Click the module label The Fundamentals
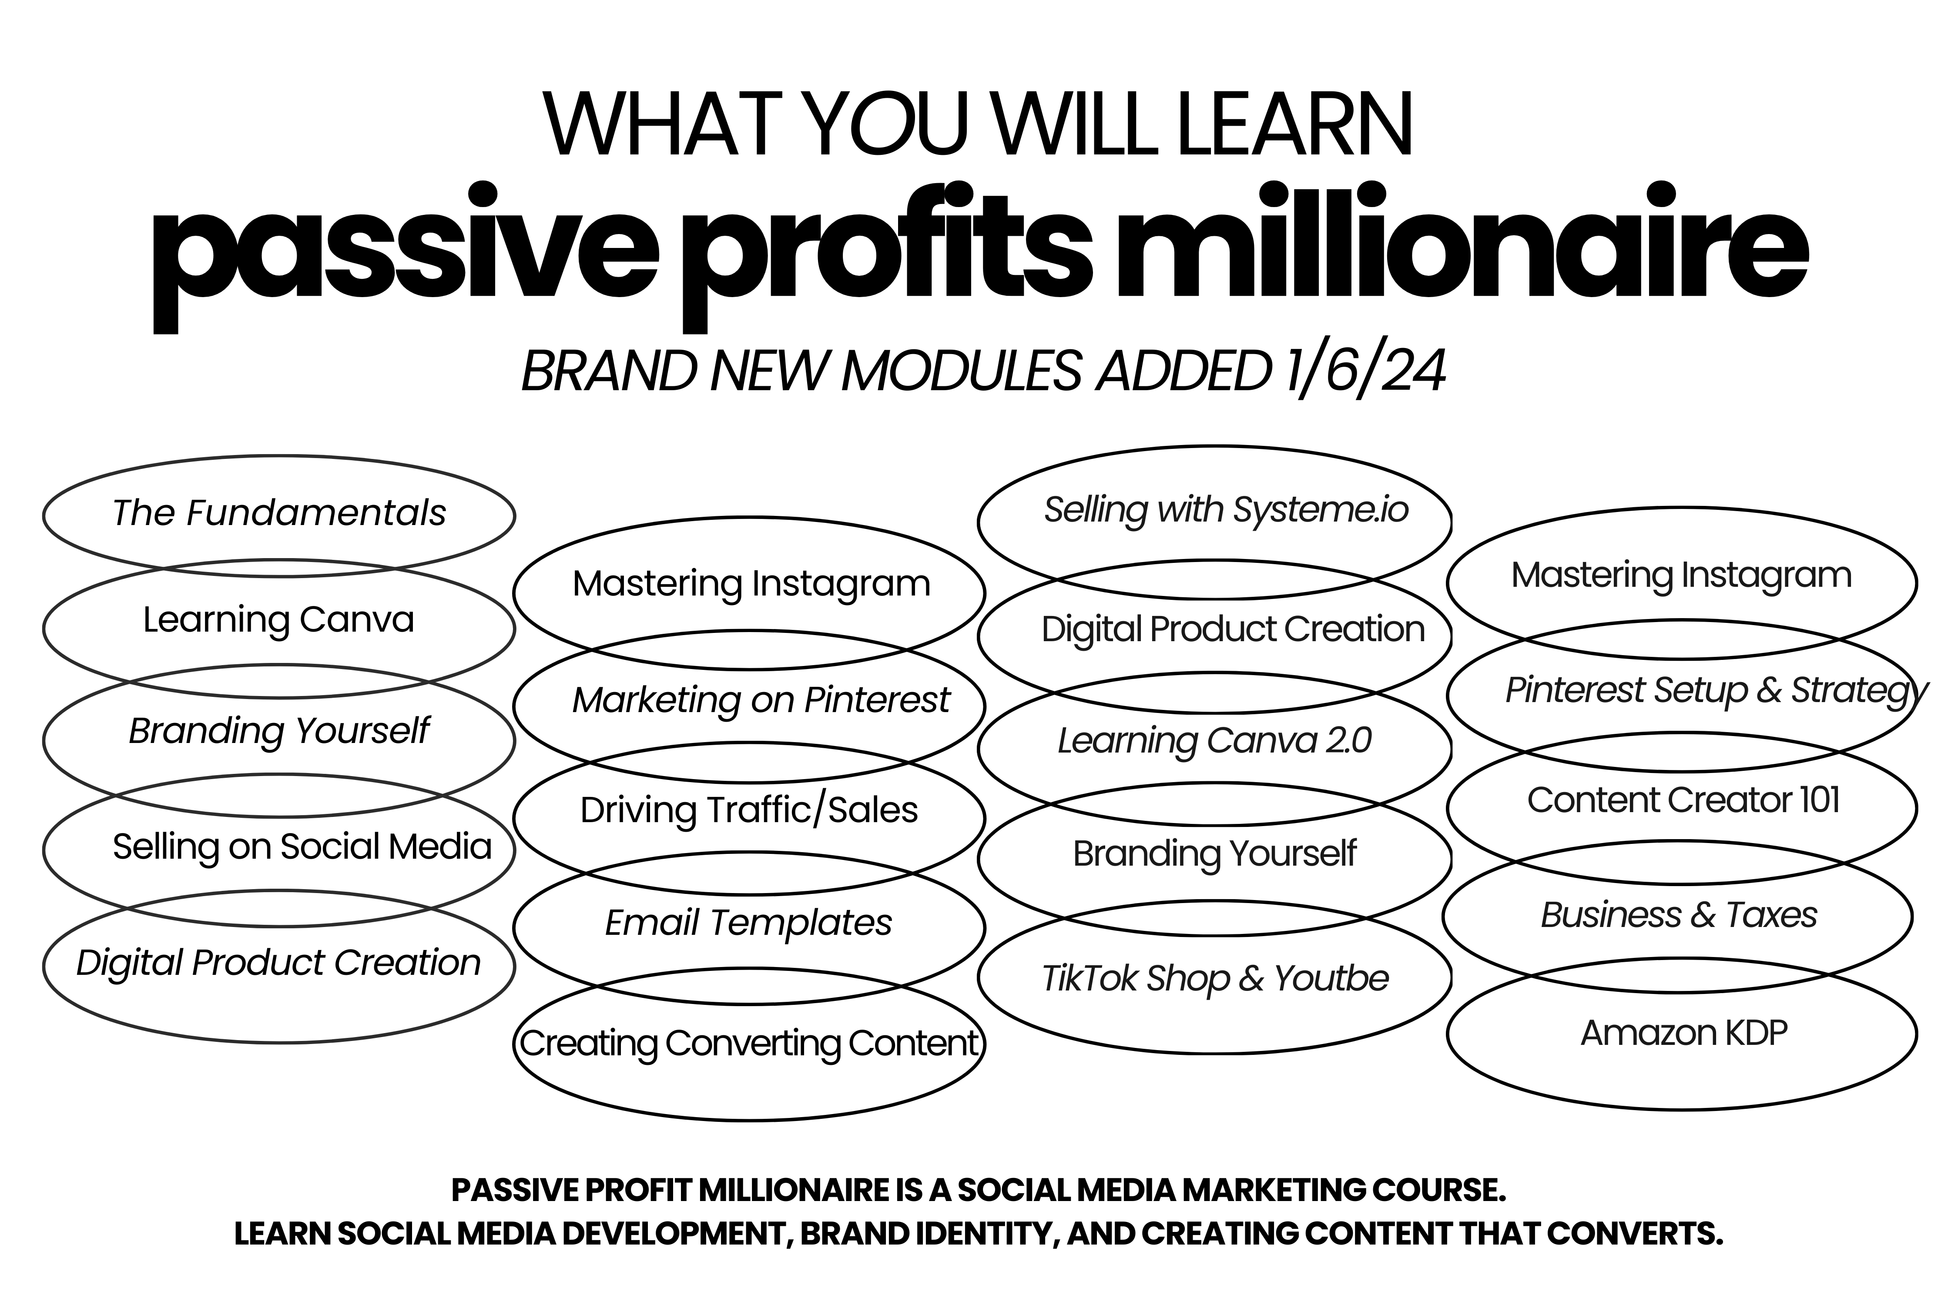point(279,513)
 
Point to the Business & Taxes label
point(1678,915)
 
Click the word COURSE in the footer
point(1438,1190)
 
